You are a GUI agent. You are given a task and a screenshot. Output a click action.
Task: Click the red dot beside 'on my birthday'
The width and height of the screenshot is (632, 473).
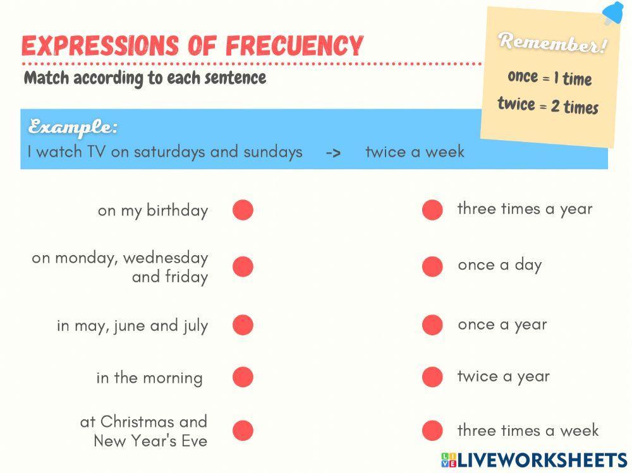(x=243, y=210)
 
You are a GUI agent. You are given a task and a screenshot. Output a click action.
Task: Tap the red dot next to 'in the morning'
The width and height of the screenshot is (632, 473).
(x=243, y=377)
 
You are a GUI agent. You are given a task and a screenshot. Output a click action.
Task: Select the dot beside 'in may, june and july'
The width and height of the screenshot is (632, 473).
(x=243, y=325)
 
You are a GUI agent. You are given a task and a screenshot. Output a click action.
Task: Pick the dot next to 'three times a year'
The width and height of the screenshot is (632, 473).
(x=432, y=210)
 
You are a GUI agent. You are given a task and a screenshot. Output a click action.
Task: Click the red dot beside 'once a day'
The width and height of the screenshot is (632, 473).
(x=432, y=266)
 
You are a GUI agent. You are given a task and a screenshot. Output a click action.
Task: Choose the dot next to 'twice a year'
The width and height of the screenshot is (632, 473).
(x=432, y=377)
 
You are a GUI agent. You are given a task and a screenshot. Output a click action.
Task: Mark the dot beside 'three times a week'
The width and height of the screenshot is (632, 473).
(x=432, y=431)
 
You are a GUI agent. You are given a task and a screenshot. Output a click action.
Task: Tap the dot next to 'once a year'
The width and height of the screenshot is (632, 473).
(x=432, y=325)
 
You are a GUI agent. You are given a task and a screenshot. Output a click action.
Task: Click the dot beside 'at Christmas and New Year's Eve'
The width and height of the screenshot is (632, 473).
(x=243, y=431)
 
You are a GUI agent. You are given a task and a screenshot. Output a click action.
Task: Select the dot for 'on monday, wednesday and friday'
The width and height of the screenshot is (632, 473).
(x=243, y=266)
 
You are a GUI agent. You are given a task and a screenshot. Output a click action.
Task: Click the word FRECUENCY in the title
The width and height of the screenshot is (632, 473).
(x=295, y=45)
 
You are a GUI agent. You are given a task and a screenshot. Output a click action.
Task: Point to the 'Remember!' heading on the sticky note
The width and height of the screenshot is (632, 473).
(x=552, y=43)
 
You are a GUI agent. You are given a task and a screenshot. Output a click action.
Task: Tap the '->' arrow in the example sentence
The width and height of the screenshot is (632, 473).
(x=334, y=153)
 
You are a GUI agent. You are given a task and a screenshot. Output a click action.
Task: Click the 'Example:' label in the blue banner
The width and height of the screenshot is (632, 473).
(x=73, y=127)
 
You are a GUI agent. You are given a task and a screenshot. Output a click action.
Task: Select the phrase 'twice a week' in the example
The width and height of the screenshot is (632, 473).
(x=415, y=152)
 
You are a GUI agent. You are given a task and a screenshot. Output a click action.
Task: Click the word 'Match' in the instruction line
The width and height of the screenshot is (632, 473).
(x=46, y=78)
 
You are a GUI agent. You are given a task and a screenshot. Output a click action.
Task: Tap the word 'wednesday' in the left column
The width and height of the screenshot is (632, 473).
(x=166, y=258)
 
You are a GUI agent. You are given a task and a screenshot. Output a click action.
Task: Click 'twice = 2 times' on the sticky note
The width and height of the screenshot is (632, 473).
(x=547, y=105)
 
